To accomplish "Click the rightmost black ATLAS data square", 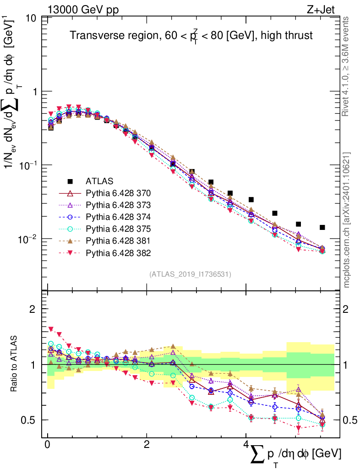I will (x=322, y=228).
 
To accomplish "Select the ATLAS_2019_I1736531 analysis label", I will (x=190, y=274).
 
